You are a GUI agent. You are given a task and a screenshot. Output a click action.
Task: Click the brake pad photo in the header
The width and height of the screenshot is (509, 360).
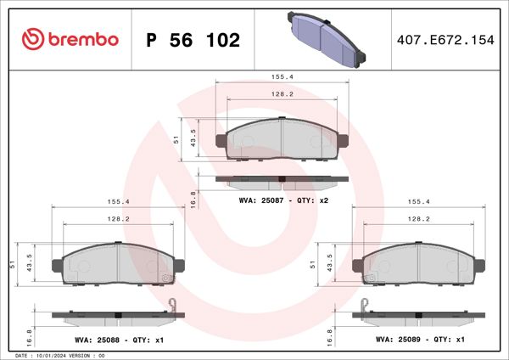click(327, 38)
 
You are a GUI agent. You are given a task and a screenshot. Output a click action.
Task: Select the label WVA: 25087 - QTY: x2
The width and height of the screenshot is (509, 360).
click(283, 200)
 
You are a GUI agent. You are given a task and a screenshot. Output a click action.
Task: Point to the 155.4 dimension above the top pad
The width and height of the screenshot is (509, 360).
click(283, 76)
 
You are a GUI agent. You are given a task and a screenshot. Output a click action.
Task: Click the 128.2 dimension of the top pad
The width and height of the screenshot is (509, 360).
click(283, 94)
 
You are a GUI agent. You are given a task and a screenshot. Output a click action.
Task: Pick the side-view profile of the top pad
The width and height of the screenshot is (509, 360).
click(282, 179)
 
